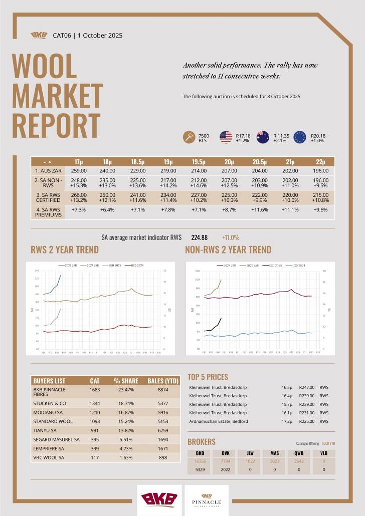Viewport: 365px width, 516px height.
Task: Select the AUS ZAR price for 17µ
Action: click(x=79, y=171)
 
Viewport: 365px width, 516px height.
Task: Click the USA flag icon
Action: click(x=226, y=137)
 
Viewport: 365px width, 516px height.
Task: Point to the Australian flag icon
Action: click(x=263, y=137)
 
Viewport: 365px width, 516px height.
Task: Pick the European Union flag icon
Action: click(x=300, y=137)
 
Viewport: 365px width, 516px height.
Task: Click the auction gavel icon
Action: click(x=189, y=137)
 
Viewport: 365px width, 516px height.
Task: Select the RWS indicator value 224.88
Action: click(x=200, y=237)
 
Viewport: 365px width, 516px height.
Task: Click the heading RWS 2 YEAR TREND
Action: click(x=65, y=249)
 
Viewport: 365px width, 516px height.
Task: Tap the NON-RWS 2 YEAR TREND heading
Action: click(x=228, y=249)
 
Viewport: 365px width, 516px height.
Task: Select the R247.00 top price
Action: click(x=306, y=388)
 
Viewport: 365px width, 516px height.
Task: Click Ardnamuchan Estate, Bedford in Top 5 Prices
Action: click(x=219, y=421)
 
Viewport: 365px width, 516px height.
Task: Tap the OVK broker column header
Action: click(x=225, y=453)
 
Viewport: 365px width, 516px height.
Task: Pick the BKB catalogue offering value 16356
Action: click(x=200, y=461)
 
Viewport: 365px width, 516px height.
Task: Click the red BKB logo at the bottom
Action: click(x=159, y=500)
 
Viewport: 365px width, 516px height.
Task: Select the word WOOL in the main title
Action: click(x=44, y=66)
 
